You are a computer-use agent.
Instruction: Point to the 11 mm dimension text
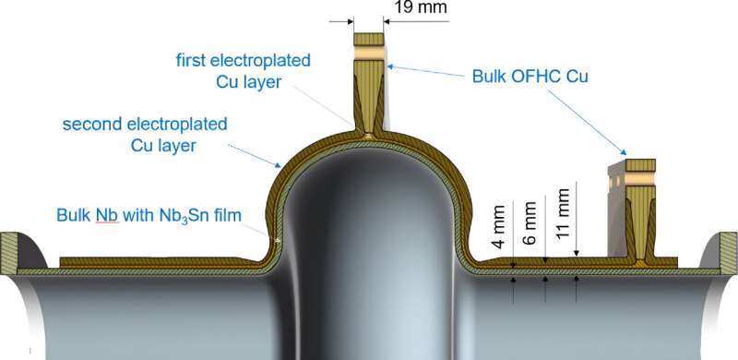coord(559,219)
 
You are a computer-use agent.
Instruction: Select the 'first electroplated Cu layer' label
coord(243,71)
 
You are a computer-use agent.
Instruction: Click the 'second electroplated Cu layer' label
coord(145,134)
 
